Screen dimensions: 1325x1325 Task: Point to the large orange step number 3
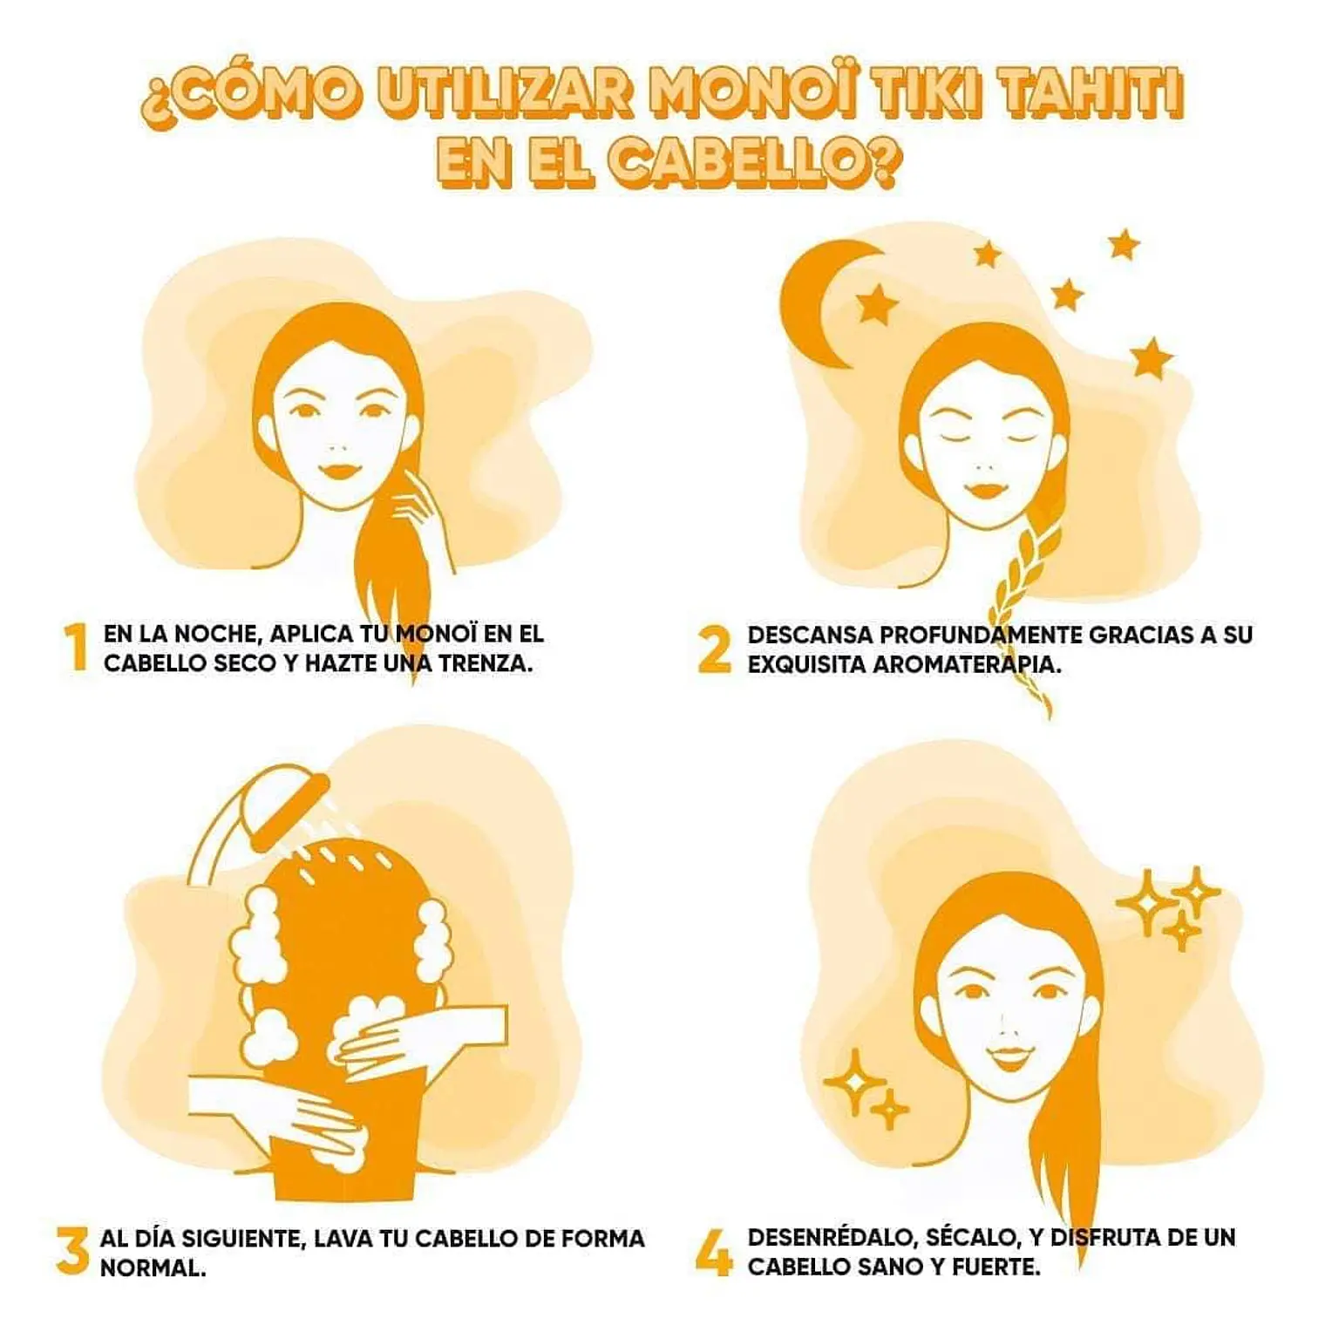pos(73,1251)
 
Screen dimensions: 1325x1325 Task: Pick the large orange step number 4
pos(714,1251)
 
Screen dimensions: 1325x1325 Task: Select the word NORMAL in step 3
pos(153,1268)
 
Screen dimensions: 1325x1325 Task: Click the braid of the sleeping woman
pos(1026,601)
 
